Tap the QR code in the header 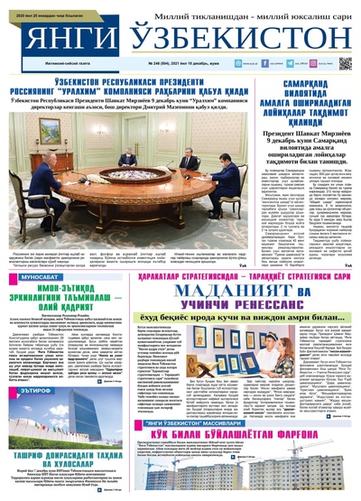[345, 64]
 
